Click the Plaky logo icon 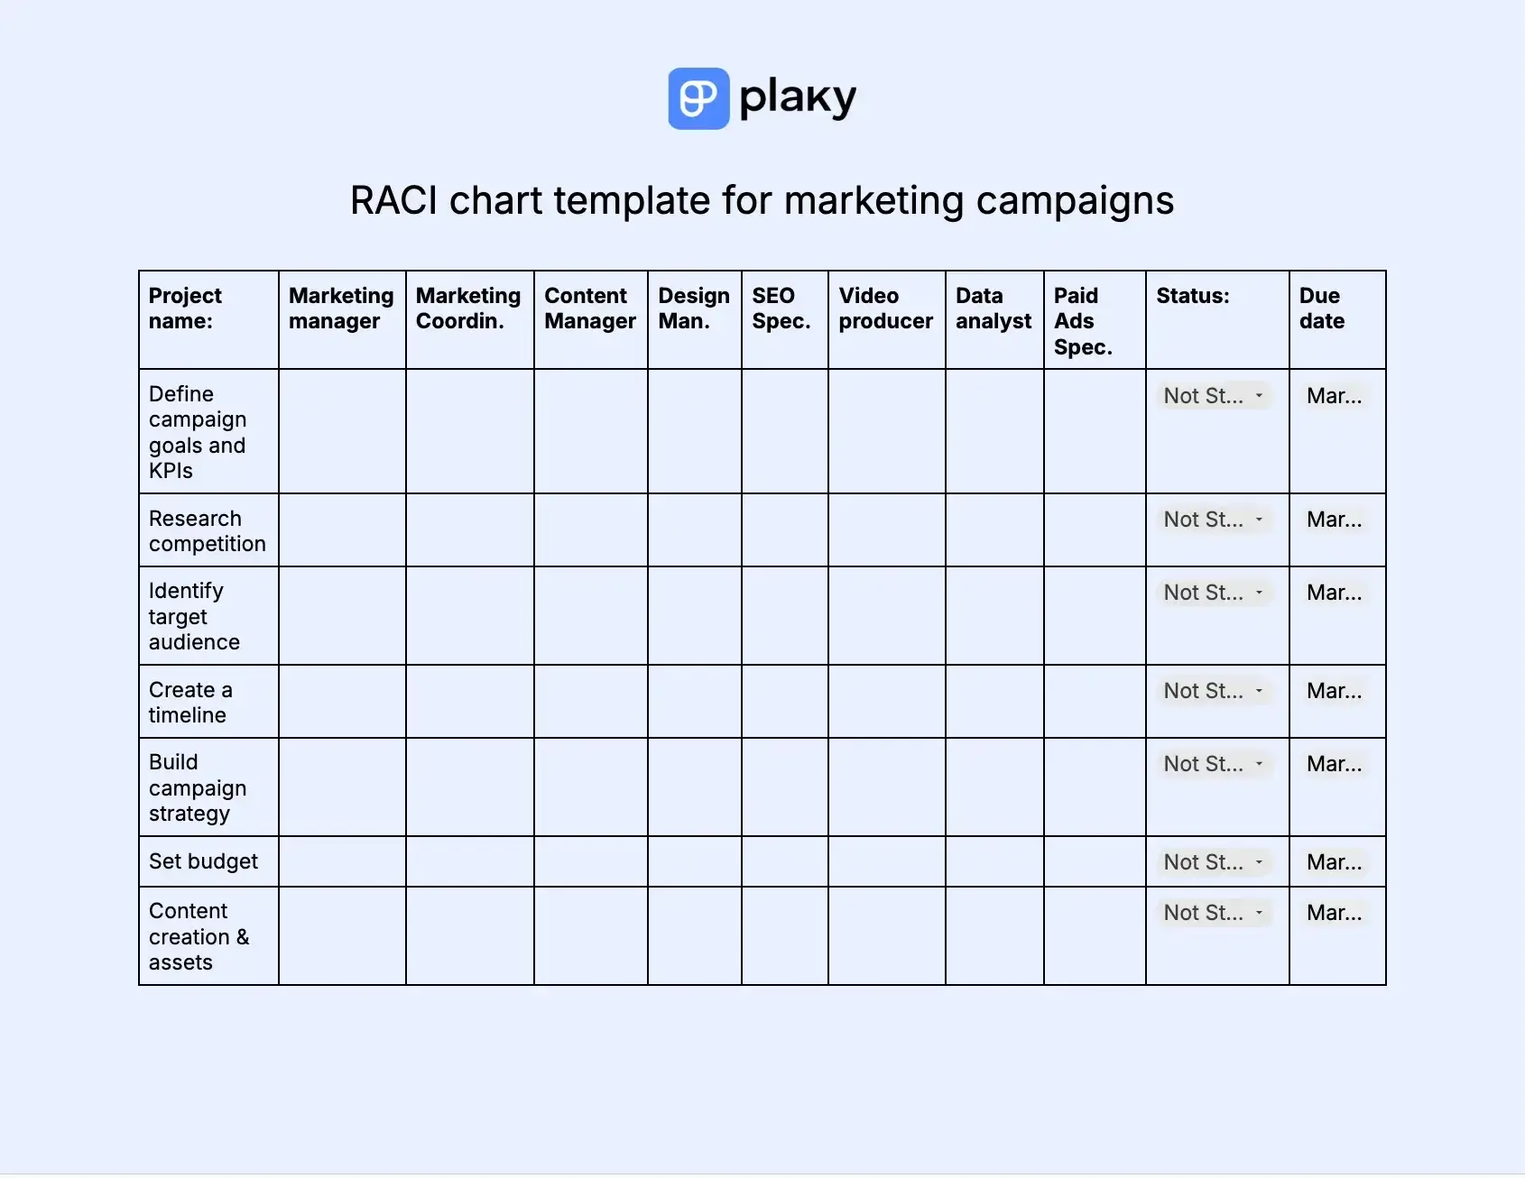click(x=698, y=98)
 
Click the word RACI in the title click(x=393, y=200)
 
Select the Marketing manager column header click(x=341, y=308)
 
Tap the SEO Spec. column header click(x=781, y=308)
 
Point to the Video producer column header click(x=885, y=308)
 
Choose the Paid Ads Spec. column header click(x=1083, y=321)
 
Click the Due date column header click(x=1322, y=308)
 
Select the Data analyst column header click(x=993, y=308)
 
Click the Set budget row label click(x=203, y=861)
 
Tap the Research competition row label click(x=207, y=531)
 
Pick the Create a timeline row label click(x=190, y=703)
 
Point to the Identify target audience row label click(x=194, y=616)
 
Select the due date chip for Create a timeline click(x=1334, y=691)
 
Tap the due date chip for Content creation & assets click(x=1334, y=913)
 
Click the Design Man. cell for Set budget click(x=694, y=861)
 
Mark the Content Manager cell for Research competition click(x=590, y=530)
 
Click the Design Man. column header click(x=694, y=308)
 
